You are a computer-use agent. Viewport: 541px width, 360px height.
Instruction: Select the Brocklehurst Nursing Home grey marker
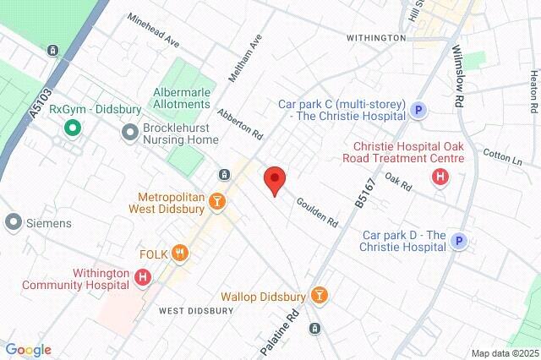click(130, 132)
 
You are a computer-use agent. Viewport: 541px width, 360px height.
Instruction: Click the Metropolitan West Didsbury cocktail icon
click(217, 201)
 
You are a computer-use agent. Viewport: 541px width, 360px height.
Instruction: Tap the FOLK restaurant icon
click(179, 253)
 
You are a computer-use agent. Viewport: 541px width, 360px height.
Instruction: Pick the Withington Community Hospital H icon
click(143, 276)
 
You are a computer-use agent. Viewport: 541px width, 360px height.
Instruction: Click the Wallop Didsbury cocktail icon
click(319, 295)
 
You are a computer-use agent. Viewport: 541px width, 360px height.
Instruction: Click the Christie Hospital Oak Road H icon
click(440, 177)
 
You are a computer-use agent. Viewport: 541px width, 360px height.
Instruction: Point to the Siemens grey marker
click(13, 223)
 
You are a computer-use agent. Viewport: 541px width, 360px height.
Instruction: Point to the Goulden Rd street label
click(317, 211)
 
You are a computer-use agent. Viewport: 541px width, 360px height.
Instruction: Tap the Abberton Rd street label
click(240, 123)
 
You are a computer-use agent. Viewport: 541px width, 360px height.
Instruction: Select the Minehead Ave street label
click(154, 29)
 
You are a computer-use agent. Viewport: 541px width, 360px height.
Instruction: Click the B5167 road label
click(361, 189)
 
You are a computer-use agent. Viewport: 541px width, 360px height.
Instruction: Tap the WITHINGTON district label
click(376, 38)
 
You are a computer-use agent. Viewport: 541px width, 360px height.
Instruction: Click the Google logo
click(27, 350)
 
